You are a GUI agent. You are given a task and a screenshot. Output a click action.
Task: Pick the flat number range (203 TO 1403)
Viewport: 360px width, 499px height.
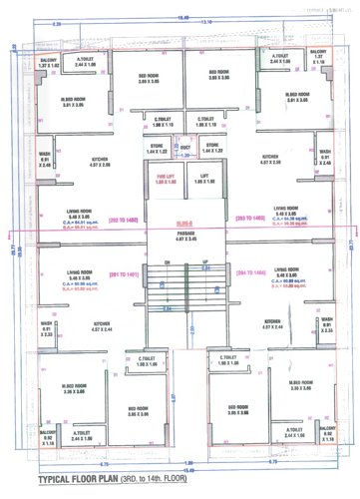pyautogui.click(x=248, y=217)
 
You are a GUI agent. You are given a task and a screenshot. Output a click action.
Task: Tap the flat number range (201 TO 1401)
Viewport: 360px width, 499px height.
pyautogui.click(x=125, y=270)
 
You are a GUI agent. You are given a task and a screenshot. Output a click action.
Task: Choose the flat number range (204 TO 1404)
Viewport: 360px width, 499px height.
pyautogui.click(x=248, y=270)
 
